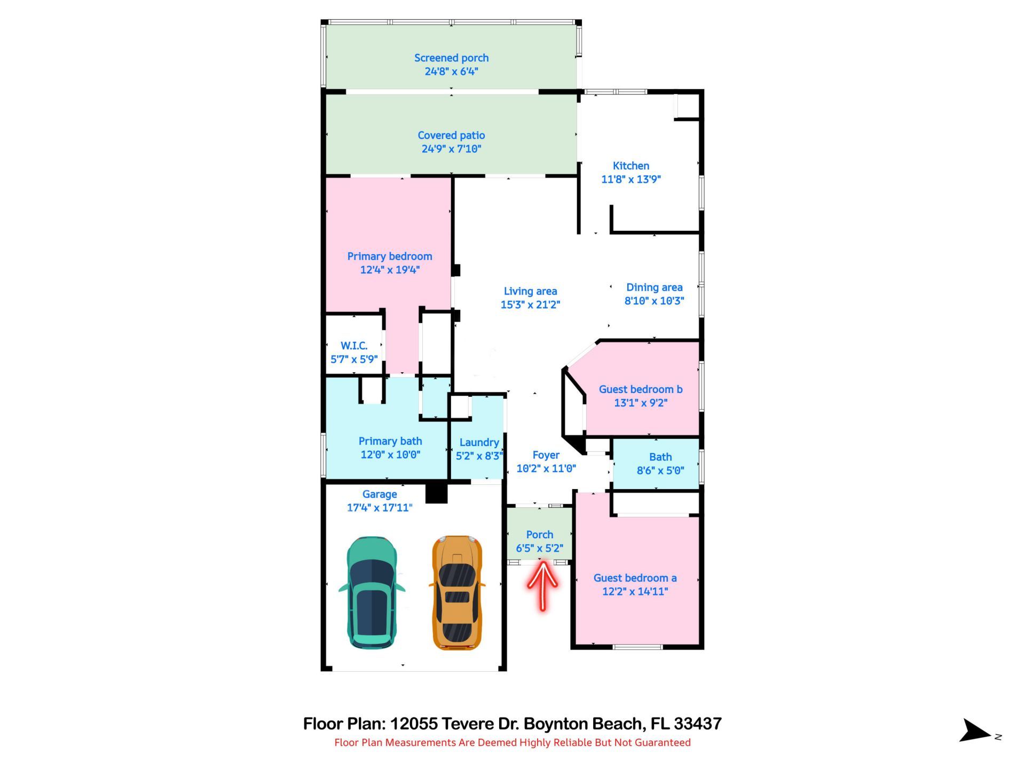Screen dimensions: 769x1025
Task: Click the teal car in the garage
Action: click(372, 592)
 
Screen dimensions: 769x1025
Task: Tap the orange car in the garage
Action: click(457, 593)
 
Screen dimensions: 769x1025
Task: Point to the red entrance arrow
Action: click(542, 585)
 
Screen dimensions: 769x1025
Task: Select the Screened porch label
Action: click(451, 58)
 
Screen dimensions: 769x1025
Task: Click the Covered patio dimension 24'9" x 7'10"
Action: click(451, 149)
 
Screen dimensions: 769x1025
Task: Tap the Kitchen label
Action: click(630, 166)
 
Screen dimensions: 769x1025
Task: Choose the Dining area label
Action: click(654, 287)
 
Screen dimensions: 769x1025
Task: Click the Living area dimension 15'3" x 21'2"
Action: click(530, 305)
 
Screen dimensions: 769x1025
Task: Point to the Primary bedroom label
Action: click(390, 256)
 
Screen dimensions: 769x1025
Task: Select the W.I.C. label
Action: click(354, 346)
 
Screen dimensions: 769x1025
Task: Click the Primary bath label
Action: click(390, 441)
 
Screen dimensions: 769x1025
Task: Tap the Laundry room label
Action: click(479, 442)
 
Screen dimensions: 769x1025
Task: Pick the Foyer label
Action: click(546, 455)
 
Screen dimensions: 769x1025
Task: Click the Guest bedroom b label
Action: click(640, 389)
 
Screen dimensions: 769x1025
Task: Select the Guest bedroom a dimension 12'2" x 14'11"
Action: click(635, 592)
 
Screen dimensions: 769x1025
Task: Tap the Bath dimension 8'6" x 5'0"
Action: click(660, 470)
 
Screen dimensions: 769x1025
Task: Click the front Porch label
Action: click(539, 535)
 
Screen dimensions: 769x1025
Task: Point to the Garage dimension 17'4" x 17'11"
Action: click(380, 508)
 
